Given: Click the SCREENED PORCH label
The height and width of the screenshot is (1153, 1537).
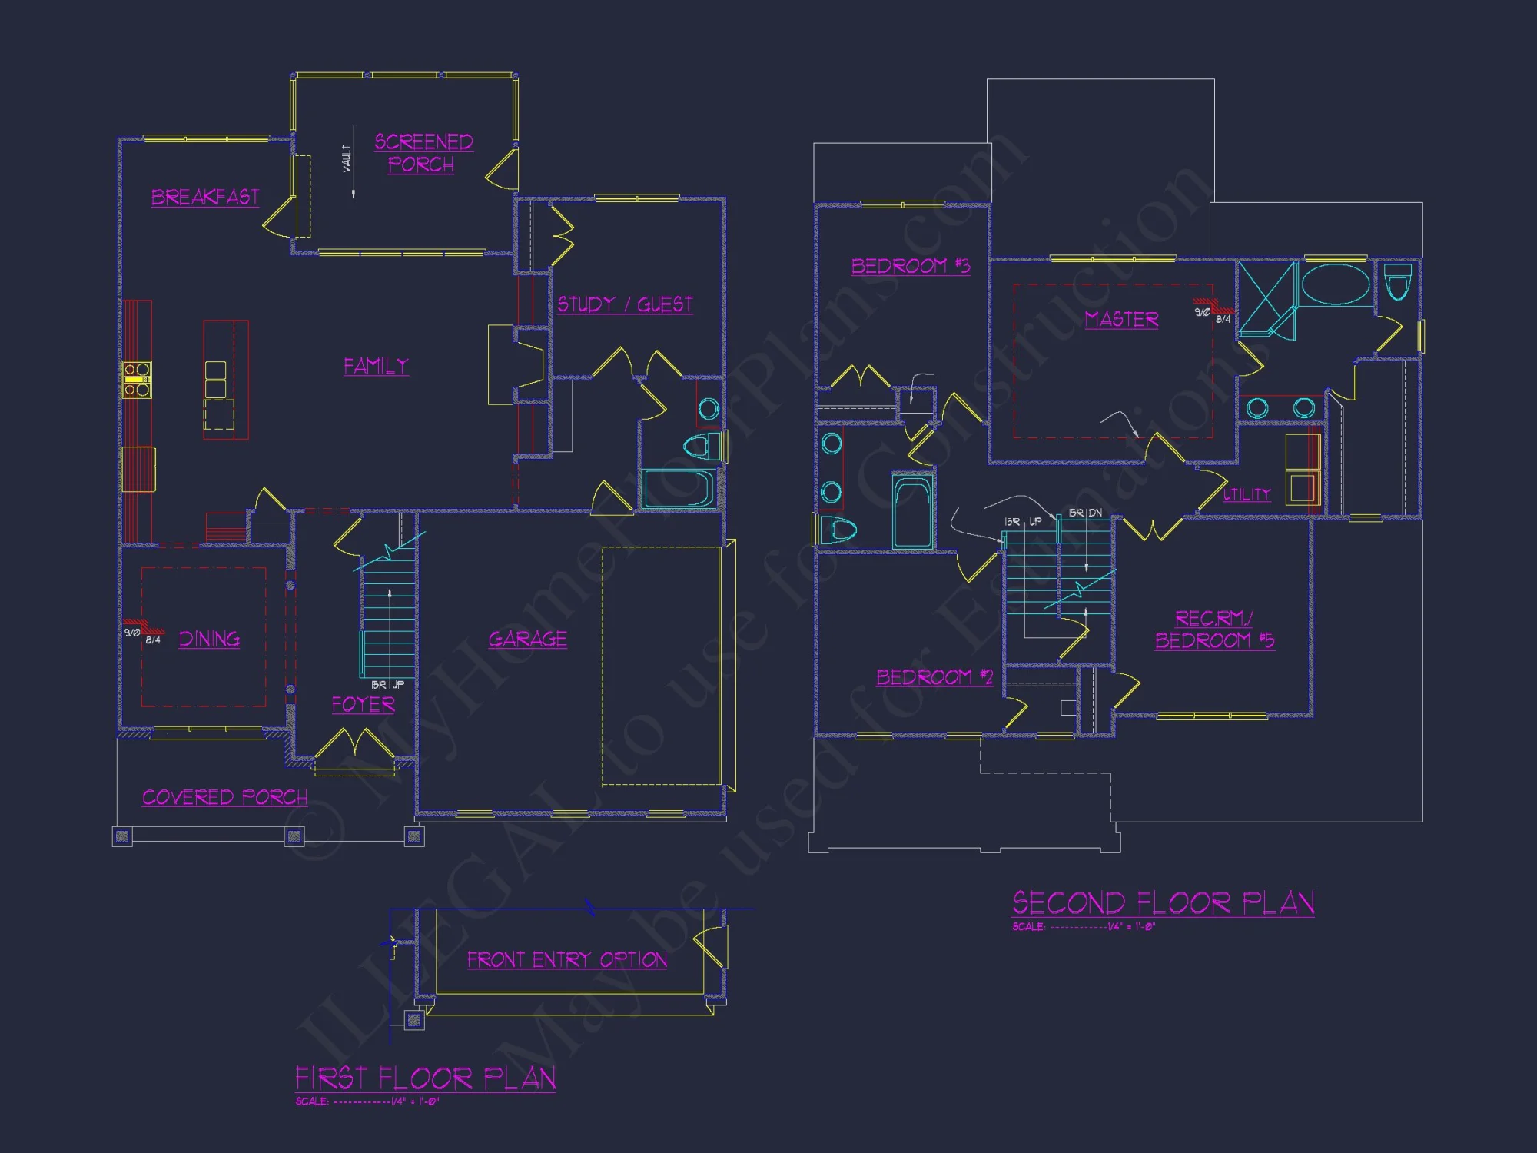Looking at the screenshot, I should (423, 153).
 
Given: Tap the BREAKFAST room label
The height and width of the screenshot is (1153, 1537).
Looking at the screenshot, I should (205, 198).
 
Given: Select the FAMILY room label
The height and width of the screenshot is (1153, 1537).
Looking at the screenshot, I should (376, 366).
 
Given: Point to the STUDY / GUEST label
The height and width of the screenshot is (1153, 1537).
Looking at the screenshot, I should (625, 305).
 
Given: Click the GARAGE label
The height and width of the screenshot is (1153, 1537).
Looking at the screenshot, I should (528, 640).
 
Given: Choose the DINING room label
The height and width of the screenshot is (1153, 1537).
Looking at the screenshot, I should (209, 640).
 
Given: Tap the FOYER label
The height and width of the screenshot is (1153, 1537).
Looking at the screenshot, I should (364, 705).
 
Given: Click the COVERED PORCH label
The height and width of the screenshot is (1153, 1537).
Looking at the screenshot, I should (224, 798).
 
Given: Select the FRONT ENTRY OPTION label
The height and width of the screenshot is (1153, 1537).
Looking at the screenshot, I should (567, 960).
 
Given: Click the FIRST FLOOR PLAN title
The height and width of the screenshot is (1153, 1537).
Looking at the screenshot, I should (426, 1079).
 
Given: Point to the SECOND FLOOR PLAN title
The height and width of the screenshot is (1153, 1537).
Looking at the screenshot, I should (1163, 903).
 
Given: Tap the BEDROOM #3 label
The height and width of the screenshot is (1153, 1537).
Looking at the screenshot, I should (911, 267).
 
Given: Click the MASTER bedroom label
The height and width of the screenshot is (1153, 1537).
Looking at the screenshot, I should (1121, 319).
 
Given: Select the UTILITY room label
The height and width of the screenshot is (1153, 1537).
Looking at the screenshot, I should (1247, 495).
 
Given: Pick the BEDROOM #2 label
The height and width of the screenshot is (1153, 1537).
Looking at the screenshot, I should (934, 677).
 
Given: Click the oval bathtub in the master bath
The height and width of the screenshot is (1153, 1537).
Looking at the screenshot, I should (1336, 285).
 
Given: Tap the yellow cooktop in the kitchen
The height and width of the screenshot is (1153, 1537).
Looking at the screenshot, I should (137, 380).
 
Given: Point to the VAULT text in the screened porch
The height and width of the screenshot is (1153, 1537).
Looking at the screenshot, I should (347, 158).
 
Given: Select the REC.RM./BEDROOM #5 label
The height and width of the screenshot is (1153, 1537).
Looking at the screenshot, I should (1214, 630).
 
